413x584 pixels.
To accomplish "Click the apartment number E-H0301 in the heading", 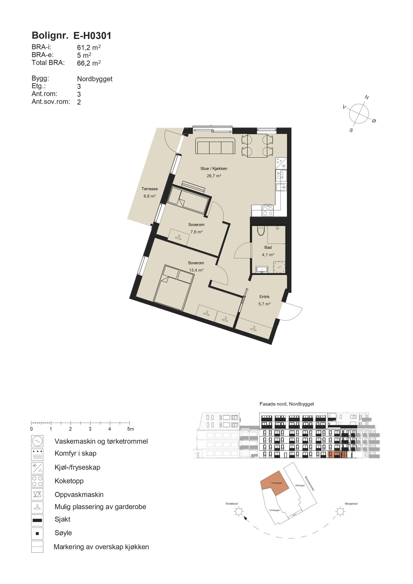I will tap(92, 36).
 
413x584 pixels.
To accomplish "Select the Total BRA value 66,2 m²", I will tap(89, 63).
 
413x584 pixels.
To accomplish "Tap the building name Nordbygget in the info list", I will tap(95, 79).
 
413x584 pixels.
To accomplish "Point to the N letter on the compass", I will tap(367, 98).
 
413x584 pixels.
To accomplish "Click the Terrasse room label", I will tap(149, 189).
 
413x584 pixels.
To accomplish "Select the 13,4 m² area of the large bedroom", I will tap(196, 270).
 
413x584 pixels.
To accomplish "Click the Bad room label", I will tap(268, 247).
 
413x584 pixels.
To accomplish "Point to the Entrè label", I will tap(264, 297).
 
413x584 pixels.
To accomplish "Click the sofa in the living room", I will tap(215, 146).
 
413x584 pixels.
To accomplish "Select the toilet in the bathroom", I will tap(261, 231).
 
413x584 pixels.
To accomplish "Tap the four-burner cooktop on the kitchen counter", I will tap(267, 210).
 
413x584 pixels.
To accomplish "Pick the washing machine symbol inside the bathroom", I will tap(279, 266).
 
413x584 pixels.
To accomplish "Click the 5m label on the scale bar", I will tap(131, 429).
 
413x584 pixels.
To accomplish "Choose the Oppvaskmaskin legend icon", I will tap(37, 494).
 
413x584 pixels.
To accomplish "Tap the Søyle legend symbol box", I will tap(37, 533).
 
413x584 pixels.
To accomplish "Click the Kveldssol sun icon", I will tap(239, 511).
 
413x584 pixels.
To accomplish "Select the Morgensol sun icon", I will tap(340, 511).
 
